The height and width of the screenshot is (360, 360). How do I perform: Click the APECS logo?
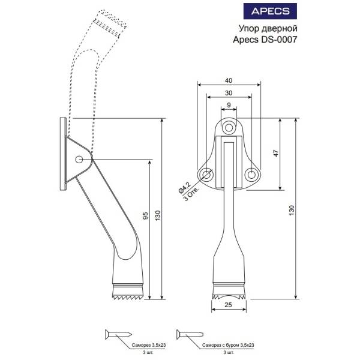pyautogui.click(x=270, y=11)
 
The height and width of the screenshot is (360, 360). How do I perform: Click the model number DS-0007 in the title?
pyautogui.click(x=279, y=40)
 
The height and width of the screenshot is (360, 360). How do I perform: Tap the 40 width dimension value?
pyautogui.click(x=229, y=80)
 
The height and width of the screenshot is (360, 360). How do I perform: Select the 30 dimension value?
pyautogui.click(x=229, y=93)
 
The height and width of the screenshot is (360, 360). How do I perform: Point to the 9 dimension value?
pyautogui.click(x=229, y=105)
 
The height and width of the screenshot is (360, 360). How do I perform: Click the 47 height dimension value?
pyautogui.click(x=276, y=153)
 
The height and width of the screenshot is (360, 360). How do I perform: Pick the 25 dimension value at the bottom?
pyautogui.click(x=228, y=305)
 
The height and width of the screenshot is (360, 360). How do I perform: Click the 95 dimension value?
pyautogui.click(x=145, y=216)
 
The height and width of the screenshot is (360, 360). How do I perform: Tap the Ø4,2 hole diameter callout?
pyautogui.click(x=184, y=187)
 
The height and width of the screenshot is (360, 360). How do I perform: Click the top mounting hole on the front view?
pyautogui.click(x=229, y=128)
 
